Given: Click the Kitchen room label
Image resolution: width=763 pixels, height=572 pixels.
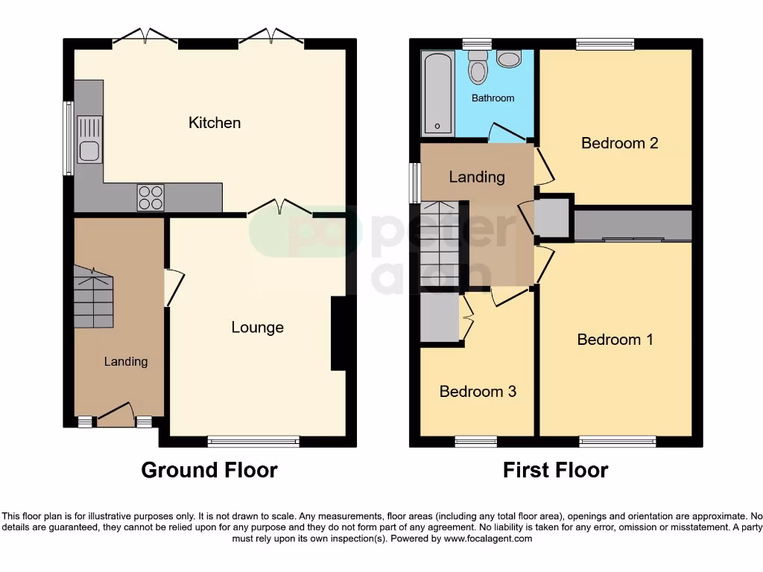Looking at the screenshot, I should tap(215, 123).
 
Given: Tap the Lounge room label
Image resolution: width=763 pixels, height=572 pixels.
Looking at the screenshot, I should tap(257, 328).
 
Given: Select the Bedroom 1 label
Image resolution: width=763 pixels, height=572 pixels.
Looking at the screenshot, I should tap(615, 340).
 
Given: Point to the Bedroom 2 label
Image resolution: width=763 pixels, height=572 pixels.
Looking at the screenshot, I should tap(619, 143).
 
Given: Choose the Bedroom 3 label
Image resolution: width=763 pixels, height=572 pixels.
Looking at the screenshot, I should tap(478, 392).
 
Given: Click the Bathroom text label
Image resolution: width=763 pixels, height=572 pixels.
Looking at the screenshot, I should tap(493, 98).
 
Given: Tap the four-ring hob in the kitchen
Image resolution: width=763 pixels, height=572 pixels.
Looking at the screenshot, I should tap(151, 197).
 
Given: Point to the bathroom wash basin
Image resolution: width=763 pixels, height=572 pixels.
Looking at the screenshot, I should tap(509, 59).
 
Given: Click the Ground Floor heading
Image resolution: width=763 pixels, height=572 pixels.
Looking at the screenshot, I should tap(209, 471).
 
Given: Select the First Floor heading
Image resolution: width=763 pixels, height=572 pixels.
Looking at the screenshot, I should tap(555, 471).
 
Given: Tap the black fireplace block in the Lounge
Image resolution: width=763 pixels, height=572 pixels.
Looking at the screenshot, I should tap(338, 334).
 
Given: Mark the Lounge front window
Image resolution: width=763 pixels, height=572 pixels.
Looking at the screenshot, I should tap(253, 442).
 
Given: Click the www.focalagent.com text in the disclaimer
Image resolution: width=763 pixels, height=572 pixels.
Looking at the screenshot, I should tap(489, 538).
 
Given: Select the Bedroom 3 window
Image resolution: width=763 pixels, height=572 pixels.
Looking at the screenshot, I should tap(476, 442).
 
